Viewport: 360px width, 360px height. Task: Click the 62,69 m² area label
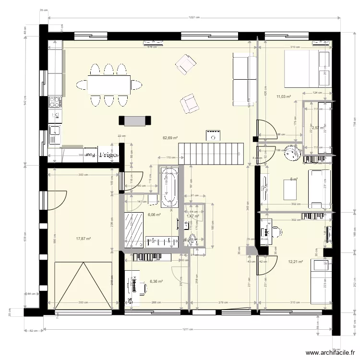point(170,138)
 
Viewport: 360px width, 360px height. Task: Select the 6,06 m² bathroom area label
point(154,215)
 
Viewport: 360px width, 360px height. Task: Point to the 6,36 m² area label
point(156,282)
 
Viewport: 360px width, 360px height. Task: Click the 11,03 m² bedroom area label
point(283,96)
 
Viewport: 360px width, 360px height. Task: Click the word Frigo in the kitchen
point(107,155)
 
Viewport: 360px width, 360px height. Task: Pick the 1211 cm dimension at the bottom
point(191,330)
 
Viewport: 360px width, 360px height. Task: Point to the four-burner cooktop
point(55,101)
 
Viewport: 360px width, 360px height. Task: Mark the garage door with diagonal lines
point(83,285)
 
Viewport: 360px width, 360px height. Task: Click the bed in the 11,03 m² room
point(307,69)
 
